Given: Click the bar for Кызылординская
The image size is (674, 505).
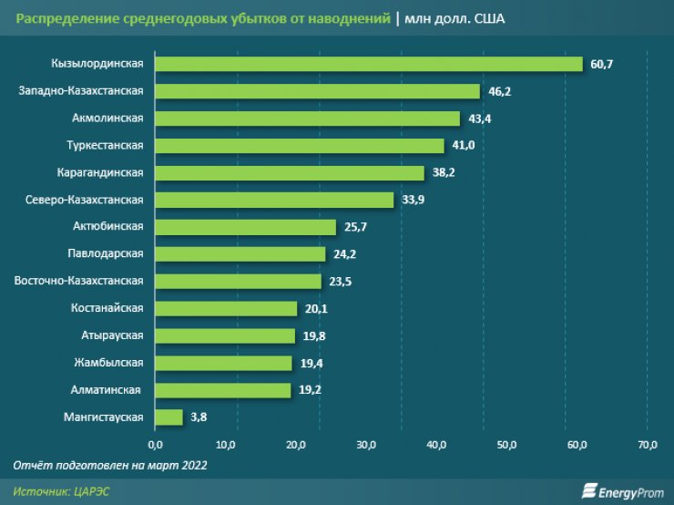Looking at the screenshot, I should coord(369,64).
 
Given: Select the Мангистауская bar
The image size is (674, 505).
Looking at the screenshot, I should coord(169,417).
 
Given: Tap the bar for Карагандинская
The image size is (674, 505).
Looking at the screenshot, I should coord(290,172).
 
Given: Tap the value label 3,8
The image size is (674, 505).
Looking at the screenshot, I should coord(199,418).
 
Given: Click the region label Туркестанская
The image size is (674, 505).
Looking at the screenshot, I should coord(105,145).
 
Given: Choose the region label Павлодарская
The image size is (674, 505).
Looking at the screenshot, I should coord(105,253).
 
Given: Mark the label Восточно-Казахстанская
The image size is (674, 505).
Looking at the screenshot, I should coord(79,281).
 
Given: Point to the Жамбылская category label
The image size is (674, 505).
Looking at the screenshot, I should coord(108,363).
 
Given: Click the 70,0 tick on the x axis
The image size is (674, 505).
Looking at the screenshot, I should coord(648,445).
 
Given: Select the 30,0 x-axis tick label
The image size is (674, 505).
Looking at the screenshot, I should coord(366,445).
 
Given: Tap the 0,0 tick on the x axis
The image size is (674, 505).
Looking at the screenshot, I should coord(155,445).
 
